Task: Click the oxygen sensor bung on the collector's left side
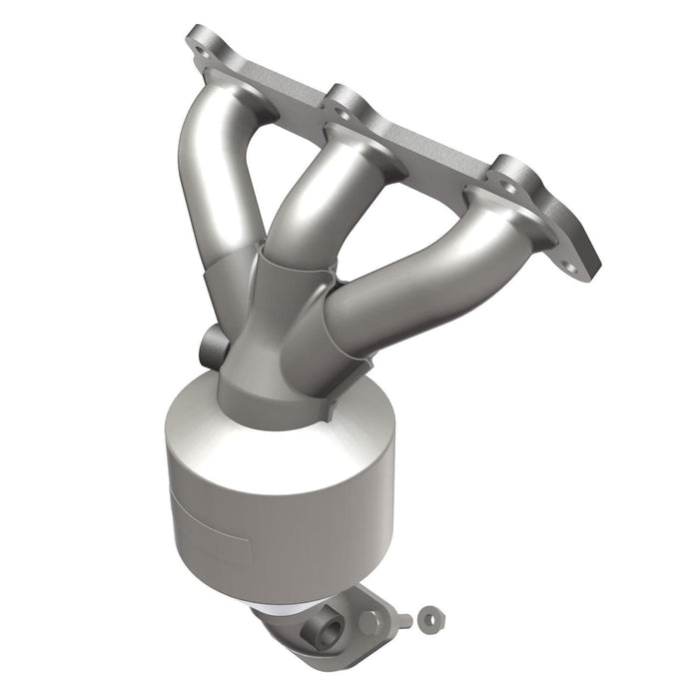tap(213, 346)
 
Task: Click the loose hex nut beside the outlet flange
tap(428, 616)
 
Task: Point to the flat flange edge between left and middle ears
tap(280, 80)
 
